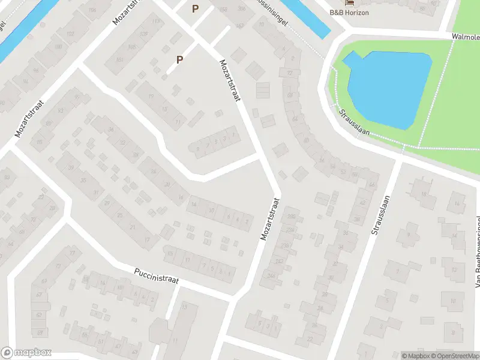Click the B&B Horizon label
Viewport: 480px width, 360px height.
pos(349,13)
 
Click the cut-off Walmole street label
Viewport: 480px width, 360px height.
pos(466,37)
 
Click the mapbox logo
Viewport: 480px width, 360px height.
pos(26,353)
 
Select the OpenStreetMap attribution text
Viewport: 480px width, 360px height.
pos(454,355)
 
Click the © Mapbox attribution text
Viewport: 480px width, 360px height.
pos(415,355)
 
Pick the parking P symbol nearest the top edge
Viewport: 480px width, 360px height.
pos(195,8)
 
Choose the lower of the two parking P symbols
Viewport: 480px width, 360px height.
pos(179,59)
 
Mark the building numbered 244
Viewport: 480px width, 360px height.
pos(272,277)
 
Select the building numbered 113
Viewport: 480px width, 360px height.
pos(156,22)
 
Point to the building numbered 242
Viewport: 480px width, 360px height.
pos(279,261)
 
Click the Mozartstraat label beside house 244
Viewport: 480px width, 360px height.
pos(271,220)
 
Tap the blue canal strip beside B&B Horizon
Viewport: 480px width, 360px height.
pos(306,15)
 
